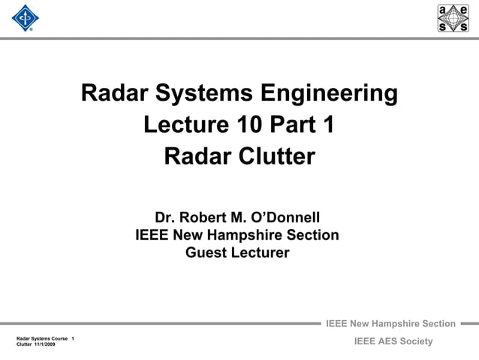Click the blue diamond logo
(26, 19)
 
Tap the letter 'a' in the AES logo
(445, 10)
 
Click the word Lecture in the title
(186, 124)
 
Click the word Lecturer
(259, 253)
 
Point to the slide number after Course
(72, 338)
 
